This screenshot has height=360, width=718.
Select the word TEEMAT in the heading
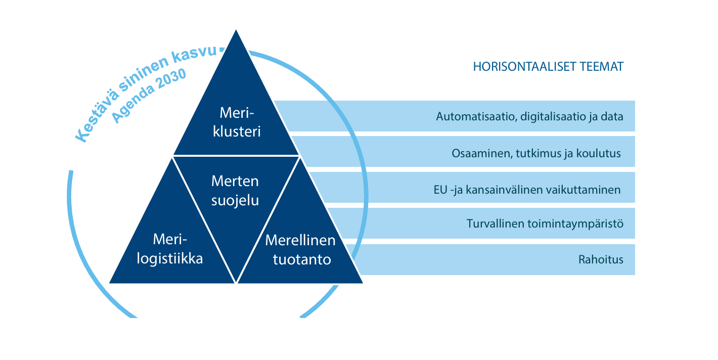pos(598,67)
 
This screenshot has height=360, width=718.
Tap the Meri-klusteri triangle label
pos(237,122)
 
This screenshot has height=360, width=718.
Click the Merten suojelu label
pos(235,191)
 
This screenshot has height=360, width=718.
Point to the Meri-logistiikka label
pos(170,249)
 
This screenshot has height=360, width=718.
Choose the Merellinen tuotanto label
pos(300,250)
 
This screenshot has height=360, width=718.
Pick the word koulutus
pos(599,153)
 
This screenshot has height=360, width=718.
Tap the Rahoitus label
pos(601,259)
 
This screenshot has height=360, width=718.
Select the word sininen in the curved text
pos(143,74)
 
